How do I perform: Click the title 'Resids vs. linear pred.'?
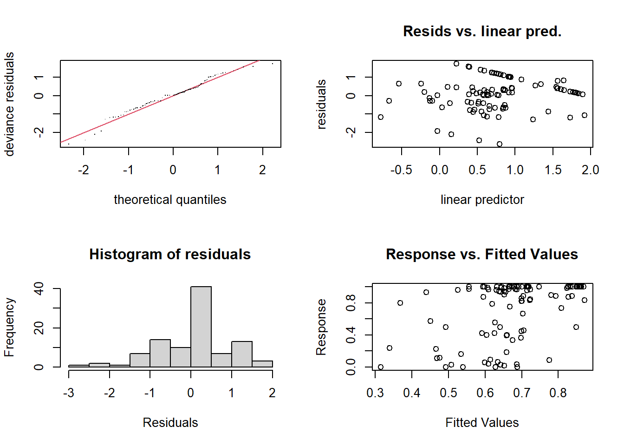(x=482, y=31)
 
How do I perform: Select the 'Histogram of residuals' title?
(x=170, y=254)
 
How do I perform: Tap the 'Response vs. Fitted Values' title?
(x=482, y=254)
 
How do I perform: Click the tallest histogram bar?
(x=201, y=327)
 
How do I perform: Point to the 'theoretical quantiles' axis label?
(x=170, y=199)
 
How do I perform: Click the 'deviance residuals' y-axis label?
(x=9, y=104)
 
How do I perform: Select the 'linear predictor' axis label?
(x=482, y=199)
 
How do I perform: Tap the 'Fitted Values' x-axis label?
(x=482, y=422)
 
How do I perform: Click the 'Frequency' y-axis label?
(x=9, y=327)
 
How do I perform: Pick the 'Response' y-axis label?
(x=321, y=327)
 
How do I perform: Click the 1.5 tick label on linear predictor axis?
(x=553, y=170)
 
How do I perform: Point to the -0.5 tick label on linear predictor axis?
(x=401, y=170)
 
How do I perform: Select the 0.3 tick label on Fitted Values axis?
(x=375, y=393)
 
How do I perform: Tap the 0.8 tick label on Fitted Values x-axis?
(x=558, y=393)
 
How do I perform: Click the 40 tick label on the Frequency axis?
(x=39, y=289)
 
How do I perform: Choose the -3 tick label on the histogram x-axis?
(x=69, y=393)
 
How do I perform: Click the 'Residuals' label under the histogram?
(x=170, y=422)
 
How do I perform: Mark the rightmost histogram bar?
(x=262, y=364)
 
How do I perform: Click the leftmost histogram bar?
(x=79, y=366)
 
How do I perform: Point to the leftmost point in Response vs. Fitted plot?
(x=381, y=367)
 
